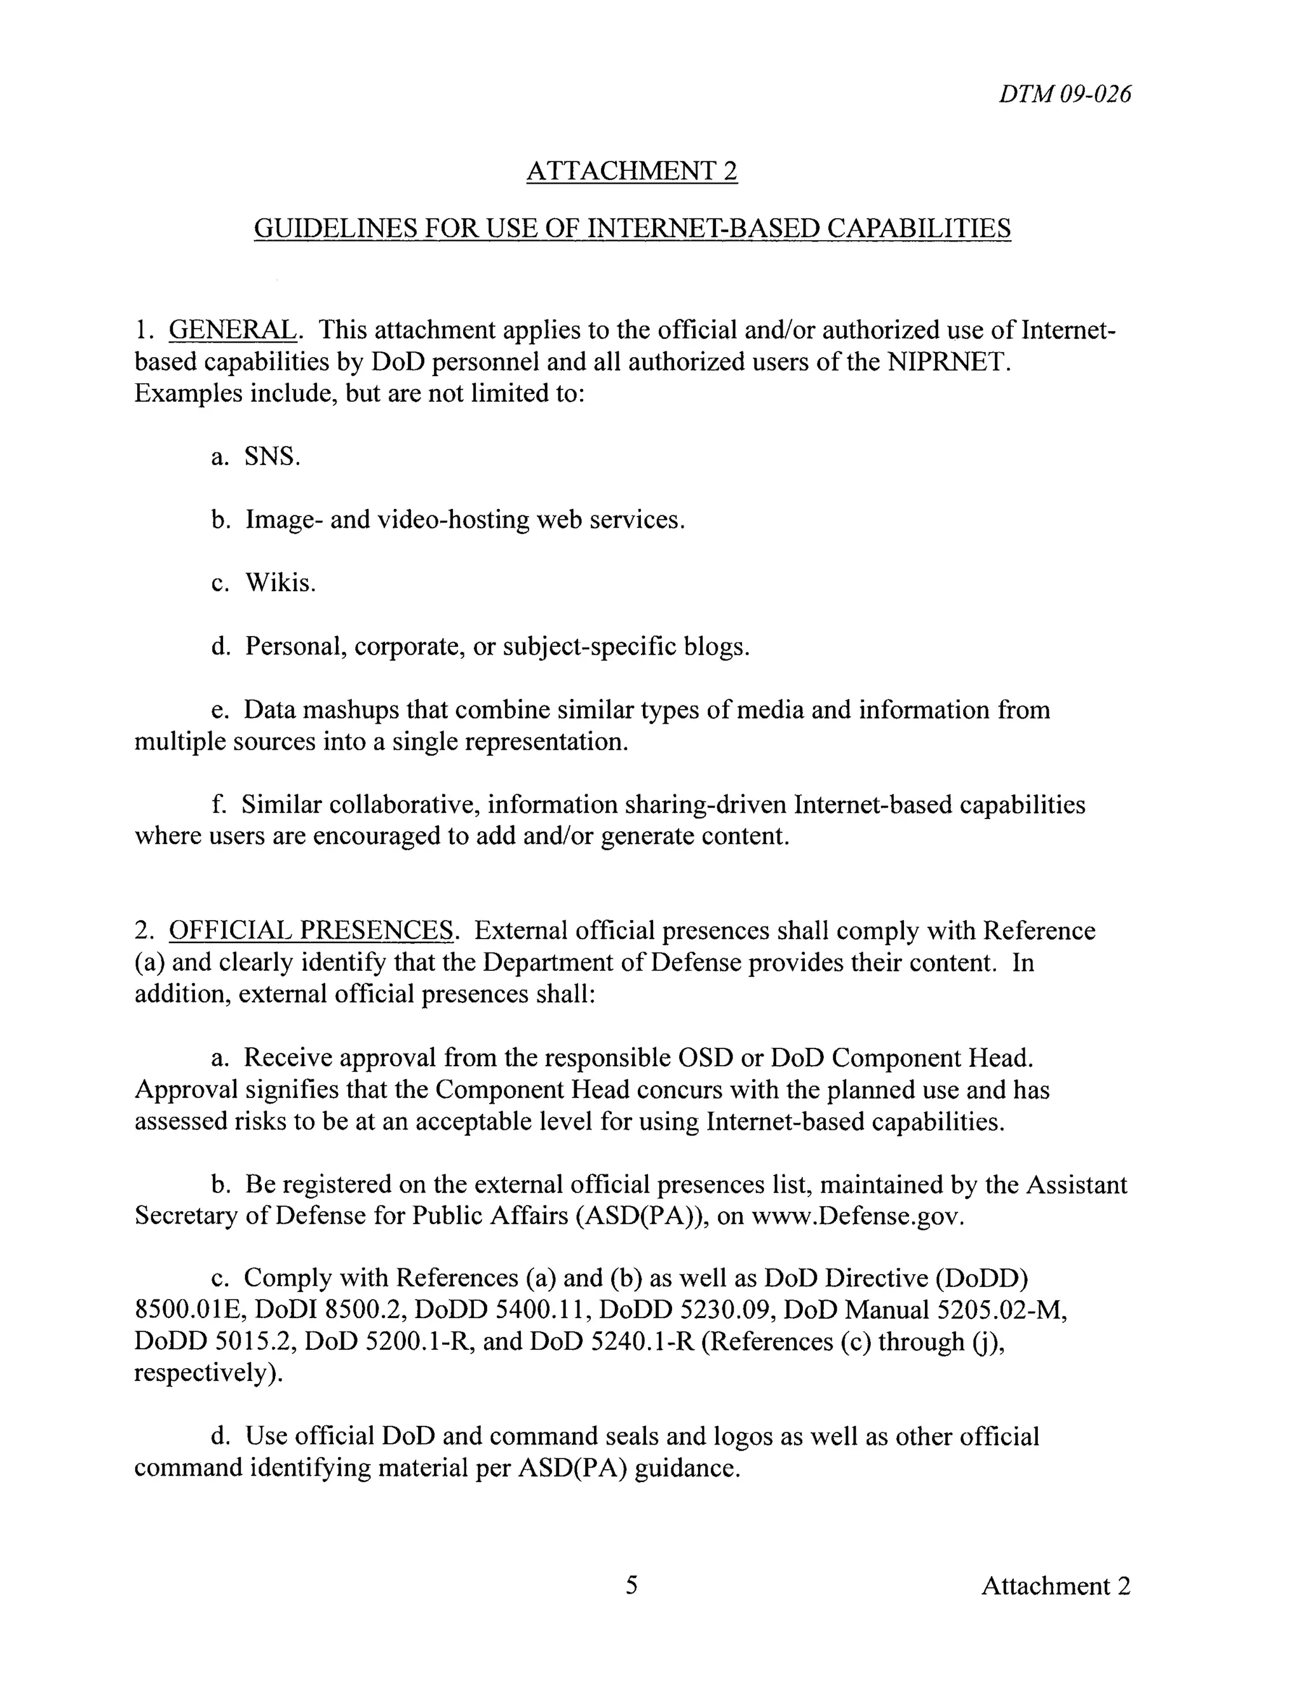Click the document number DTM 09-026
coord(1065,94)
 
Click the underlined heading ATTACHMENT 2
coord(631,170)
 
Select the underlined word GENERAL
coord(232,330)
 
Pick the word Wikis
coord(281,583)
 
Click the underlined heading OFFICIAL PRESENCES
coord(311,931)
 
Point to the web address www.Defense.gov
coord(856,1216)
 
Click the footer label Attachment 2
coord(1055,1586)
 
